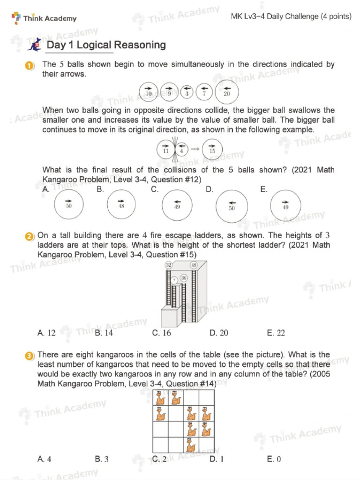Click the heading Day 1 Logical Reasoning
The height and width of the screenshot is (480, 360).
(106, 45)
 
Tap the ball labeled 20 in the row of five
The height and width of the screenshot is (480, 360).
(226, 91)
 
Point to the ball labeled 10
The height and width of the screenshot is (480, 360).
(149, 91)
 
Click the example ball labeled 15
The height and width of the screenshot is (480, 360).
(212, 149)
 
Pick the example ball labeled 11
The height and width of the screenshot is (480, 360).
(165, 149)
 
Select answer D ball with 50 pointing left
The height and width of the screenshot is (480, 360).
(232, 205)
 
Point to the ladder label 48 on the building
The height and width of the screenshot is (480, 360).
(194, 265)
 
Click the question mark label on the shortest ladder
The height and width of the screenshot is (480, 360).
(174, 281)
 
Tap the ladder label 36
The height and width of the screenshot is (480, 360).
(183, 278)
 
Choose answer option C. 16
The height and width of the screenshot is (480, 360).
(162, 333)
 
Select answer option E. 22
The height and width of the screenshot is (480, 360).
(276, 333)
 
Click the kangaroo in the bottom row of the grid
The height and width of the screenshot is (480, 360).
(190, 443)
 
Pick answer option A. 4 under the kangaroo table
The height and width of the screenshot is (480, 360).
(44, 459)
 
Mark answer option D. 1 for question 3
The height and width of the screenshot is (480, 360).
(217, 459)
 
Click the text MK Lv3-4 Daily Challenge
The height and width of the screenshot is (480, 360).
(291, 17)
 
